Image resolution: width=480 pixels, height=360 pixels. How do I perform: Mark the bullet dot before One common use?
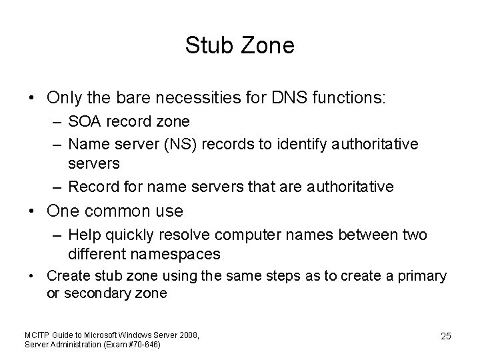click(x=32, y=211)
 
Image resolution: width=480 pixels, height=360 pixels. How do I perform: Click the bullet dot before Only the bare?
click(x=32, y=97)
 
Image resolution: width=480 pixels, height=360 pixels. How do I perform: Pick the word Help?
click(x=82, y=235)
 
